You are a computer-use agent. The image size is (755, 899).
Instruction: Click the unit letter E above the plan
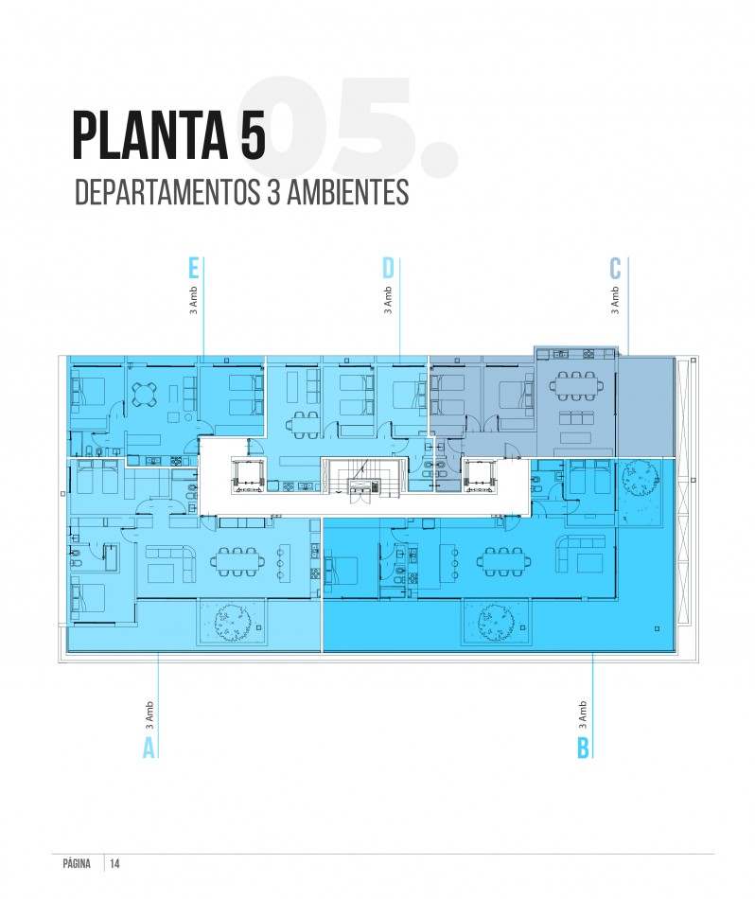pos(194,269)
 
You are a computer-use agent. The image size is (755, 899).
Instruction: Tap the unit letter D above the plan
pos(388,269)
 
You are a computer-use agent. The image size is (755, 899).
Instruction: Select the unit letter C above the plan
pos(615,269)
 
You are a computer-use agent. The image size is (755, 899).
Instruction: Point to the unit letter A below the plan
pos(149,748)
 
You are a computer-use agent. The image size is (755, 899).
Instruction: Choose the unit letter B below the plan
pos(583,748)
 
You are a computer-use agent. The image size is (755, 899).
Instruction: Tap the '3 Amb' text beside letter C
pos(615,300)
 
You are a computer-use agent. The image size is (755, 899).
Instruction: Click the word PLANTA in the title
pos(150,136)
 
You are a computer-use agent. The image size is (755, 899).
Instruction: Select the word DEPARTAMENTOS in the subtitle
pos(167,192)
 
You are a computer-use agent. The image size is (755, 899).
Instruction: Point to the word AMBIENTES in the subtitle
pos(347,192)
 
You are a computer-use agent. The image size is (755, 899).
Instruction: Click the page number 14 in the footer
pos(114,863)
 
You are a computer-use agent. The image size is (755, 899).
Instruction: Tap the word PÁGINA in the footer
pos(77,863)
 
